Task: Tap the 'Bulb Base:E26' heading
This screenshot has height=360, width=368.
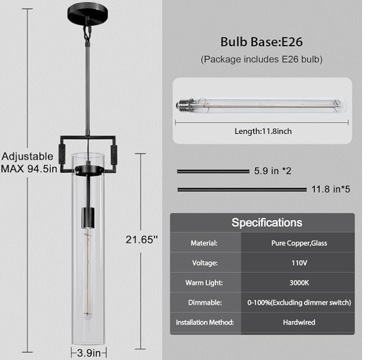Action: point(262,42)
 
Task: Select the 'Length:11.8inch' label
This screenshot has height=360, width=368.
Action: point(263,131)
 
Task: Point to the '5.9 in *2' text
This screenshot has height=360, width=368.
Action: point(272,170)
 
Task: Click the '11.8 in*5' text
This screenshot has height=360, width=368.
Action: point(331,189)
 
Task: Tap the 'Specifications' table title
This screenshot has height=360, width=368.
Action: point(267,223)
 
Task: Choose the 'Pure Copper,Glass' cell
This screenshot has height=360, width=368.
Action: point(299,243)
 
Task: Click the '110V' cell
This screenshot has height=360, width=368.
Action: point(299,263)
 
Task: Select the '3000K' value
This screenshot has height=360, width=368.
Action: point(299,283)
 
